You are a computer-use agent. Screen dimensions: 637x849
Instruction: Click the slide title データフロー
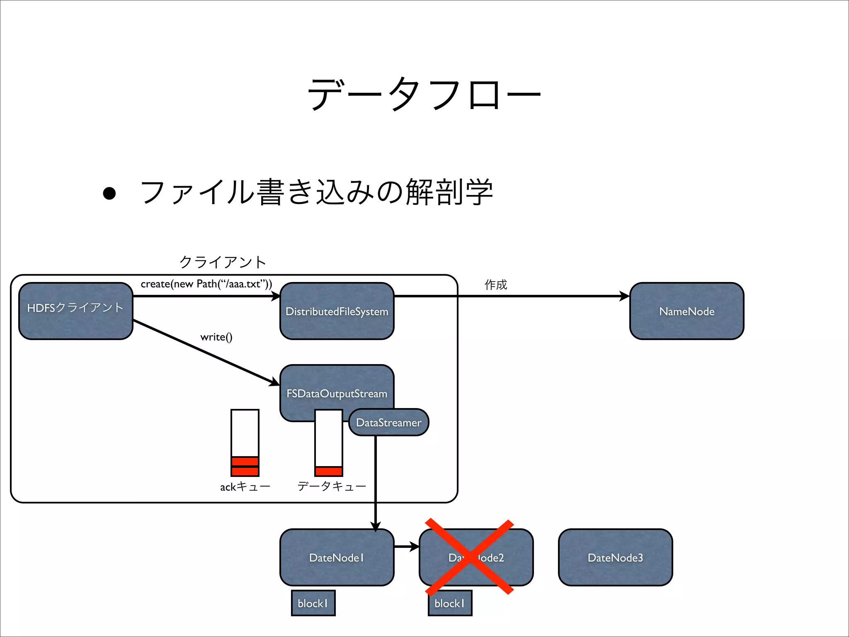click(x=424, y=94)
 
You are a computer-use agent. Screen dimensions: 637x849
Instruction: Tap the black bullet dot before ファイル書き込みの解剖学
click(x=109, y=193)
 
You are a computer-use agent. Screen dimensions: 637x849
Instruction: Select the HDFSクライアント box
click(x=75, y=311)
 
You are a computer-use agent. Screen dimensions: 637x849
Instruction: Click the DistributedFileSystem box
click(x=337, y=311)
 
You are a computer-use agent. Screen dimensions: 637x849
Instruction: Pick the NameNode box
click(x=686, y=311)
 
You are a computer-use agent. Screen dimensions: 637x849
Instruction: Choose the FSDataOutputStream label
click(x=337, y=393)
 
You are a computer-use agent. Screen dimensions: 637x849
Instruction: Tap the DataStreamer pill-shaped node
click(x=388, y=422)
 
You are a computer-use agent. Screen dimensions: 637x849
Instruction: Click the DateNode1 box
click(x=337, y=557)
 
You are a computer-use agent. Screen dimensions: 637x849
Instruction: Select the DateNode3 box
click(x=615, y=557)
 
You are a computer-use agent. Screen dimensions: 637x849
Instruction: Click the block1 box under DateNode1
click(x=313, y=603)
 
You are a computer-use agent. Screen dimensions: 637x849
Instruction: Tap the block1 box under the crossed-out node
click(x=450, y=603)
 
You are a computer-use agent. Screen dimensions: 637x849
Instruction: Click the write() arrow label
click(x=216, y=337)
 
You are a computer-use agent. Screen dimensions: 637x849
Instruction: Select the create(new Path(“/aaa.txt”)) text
click(x=206, y=284)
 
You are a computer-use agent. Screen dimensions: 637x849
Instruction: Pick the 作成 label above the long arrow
click(x=496, y=284)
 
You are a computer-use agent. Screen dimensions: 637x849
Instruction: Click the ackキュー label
click(x=245, y=486)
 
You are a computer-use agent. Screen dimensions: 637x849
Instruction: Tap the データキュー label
click(x=332, y=486)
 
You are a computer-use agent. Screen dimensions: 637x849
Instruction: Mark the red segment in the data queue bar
click(x=328, y=471)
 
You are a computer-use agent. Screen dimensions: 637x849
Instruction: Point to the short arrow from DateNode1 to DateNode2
click(x=406, y=547)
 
